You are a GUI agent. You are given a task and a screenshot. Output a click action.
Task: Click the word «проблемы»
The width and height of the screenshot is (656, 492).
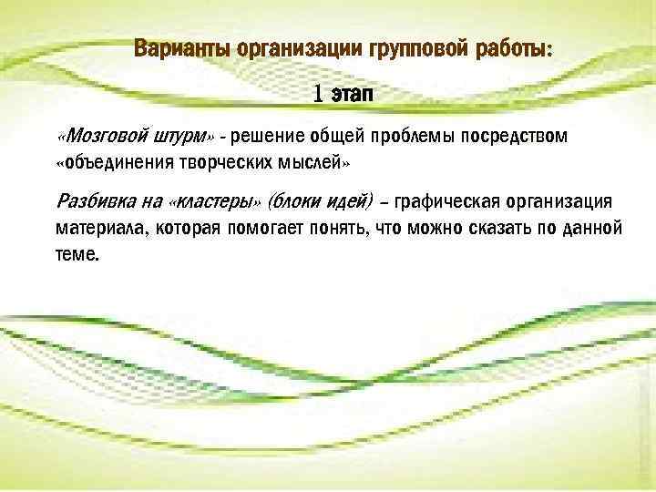click(407, 137)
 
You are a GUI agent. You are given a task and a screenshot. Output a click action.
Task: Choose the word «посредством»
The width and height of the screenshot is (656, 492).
click(511, 137)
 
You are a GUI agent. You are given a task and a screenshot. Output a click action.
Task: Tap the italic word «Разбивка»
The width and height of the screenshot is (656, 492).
click(91, 200)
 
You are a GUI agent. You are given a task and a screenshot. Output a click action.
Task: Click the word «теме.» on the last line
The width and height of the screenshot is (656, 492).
click(76, 254)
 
